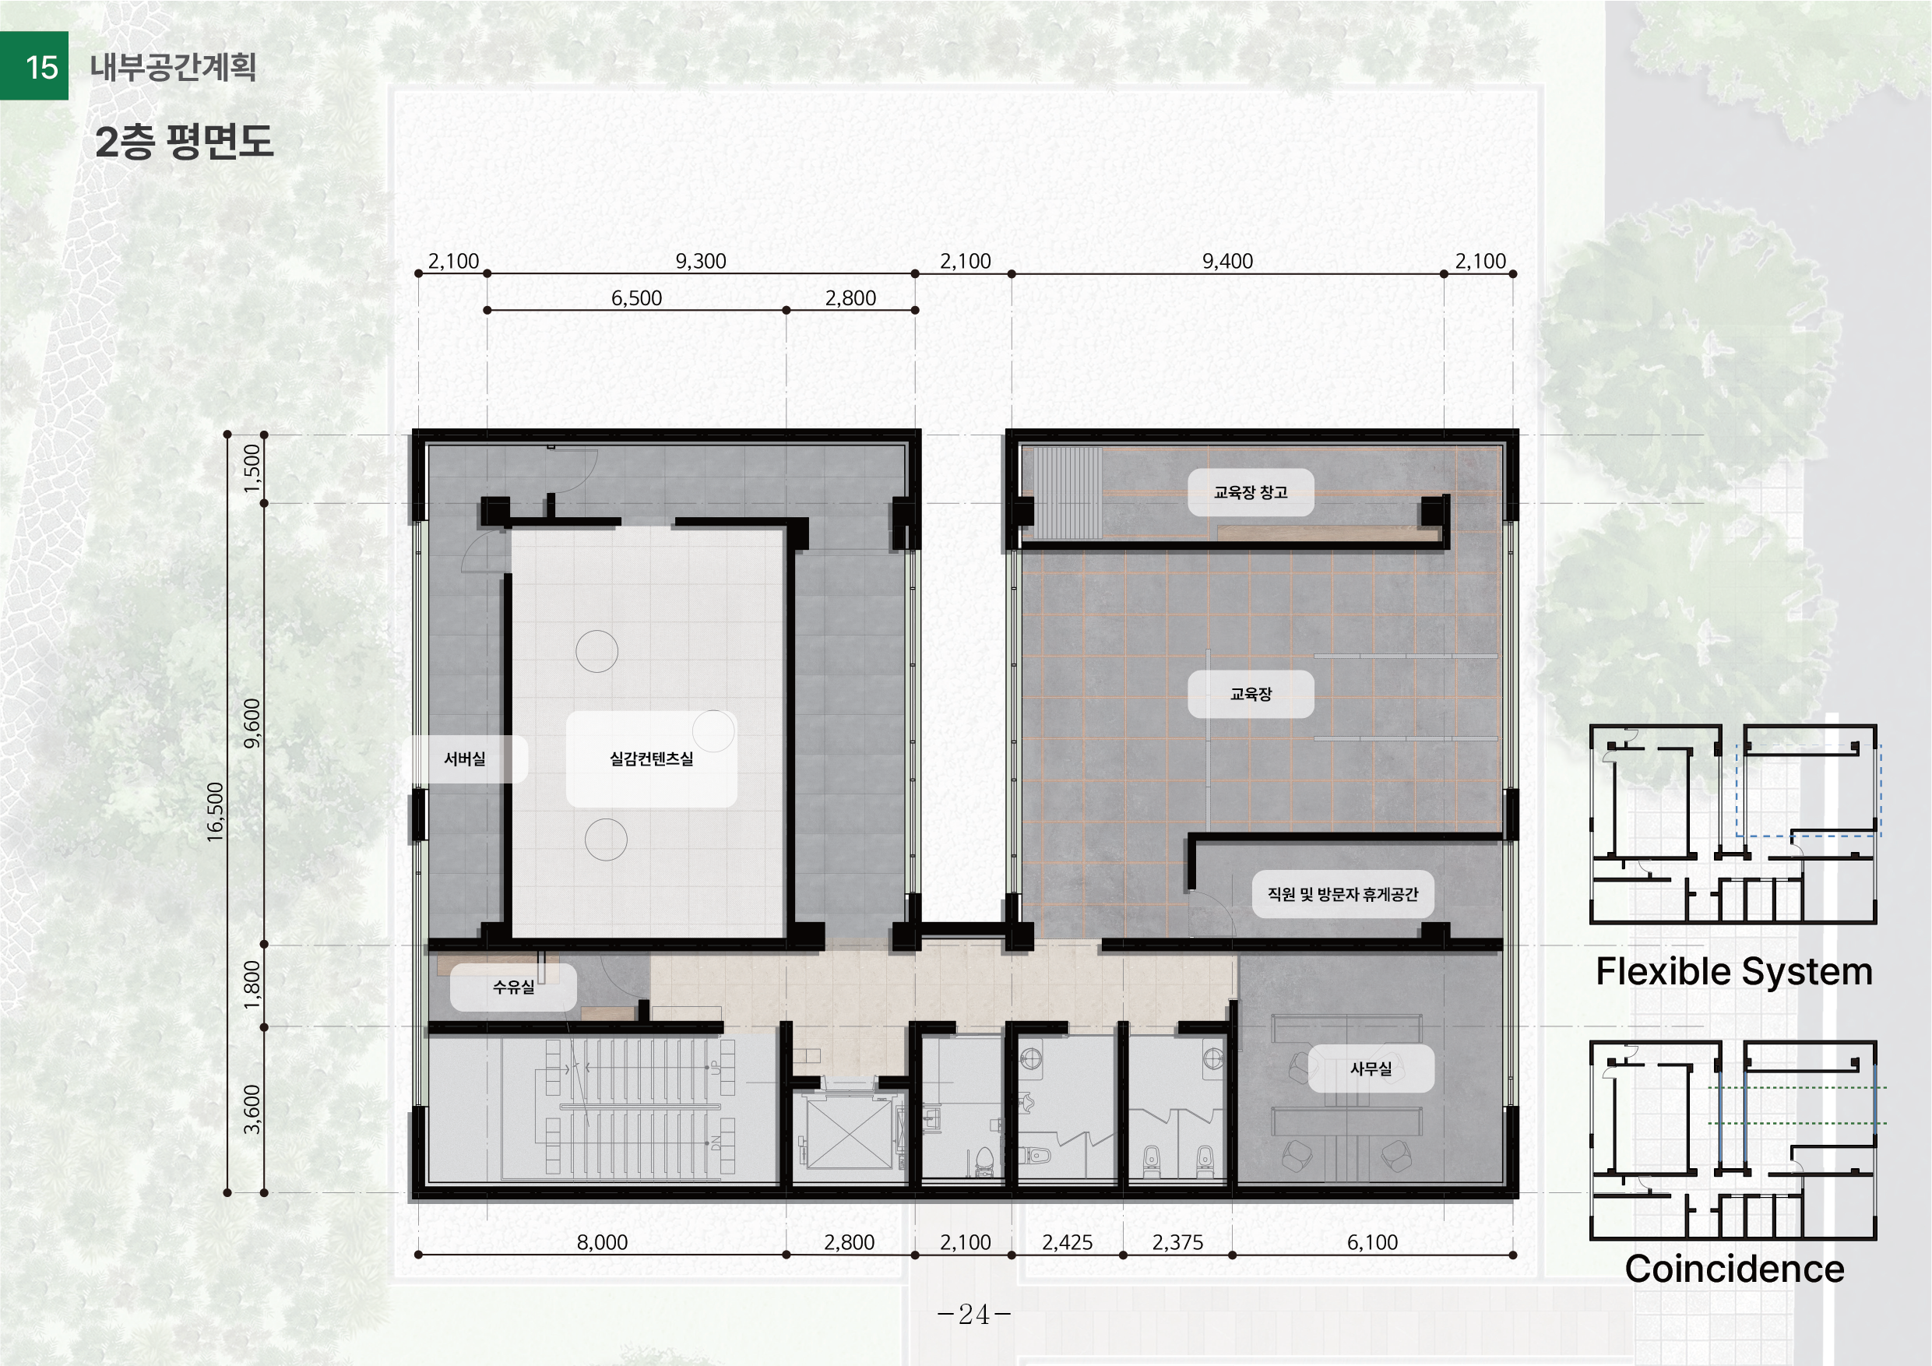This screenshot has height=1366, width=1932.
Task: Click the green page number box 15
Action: tap(33, 65)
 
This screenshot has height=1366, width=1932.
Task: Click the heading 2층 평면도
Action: tap(185, 142)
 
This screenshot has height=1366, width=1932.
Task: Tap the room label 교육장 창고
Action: tap(1251, 492)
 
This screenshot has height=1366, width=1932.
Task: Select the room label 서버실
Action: tap(464, 759)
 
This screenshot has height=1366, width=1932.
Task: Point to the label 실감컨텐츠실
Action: tap(651, 759)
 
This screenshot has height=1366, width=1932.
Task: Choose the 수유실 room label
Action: tap(513, 987)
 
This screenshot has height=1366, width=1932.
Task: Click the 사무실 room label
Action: tap(1371, 1069)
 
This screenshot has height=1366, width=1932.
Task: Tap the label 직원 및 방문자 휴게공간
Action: tap(1343, 894)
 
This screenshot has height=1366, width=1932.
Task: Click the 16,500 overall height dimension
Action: tap(216, 812)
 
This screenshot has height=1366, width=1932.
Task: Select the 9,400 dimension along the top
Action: tap(1228, 261)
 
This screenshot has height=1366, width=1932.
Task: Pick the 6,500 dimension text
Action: tap(636, 298)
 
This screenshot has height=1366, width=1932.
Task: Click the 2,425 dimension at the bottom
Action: tap(1067, 1242)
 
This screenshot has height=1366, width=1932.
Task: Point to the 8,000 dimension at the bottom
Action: tap(603, 1242)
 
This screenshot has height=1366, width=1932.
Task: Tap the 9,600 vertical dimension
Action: tap(252, 723)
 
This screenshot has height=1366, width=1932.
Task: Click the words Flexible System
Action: tap(1734, 972)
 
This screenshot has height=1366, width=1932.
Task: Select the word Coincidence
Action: tap(1734, 1269)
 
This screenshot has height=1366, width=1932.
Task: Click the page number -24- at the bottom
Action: tap(974, 1314)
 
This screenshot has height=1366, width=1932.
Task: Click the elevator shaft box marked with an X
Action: tap(849, 1133)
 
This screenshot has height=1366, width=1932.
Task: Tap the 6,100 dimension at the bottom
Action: tap(1372, 1242)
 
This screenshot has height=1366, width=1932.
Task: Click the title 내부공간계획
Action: tap(174, 66)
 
